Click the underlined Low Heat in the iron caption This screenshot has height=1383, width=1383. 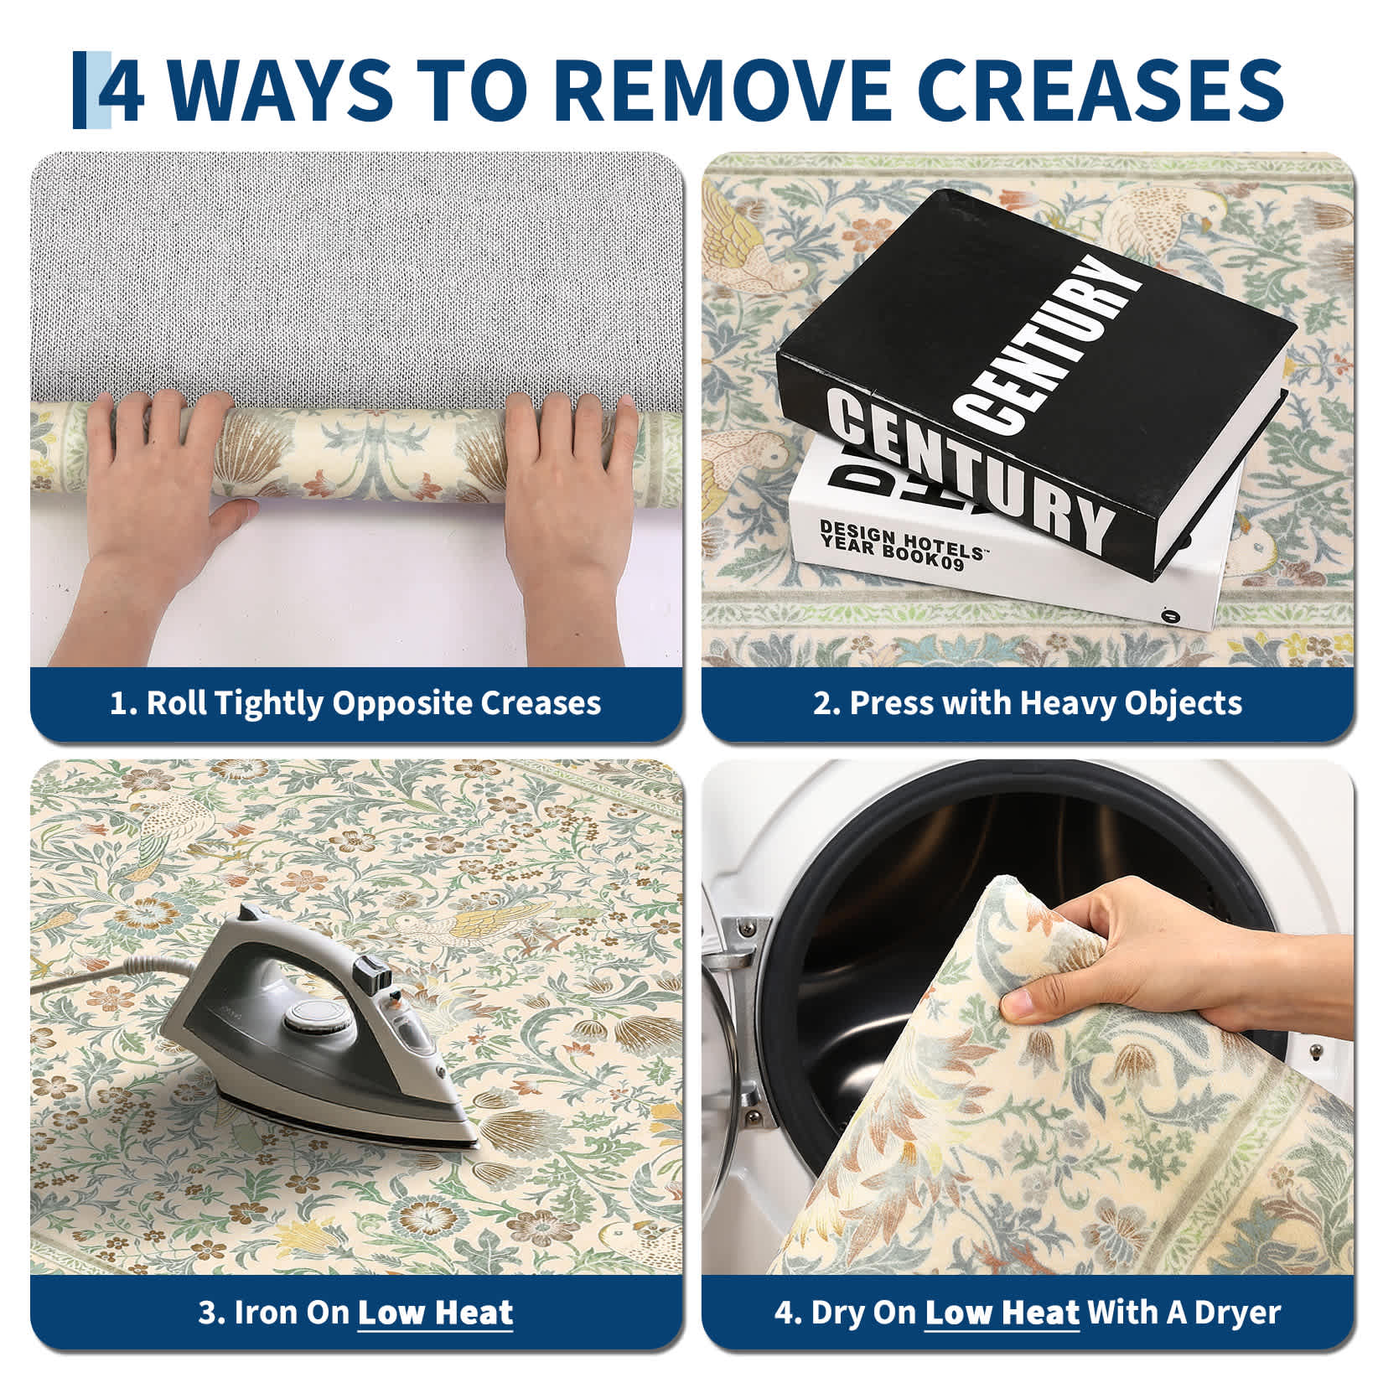435,1313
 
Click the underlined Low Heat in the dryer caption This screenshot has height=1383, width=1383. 1002,1313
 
